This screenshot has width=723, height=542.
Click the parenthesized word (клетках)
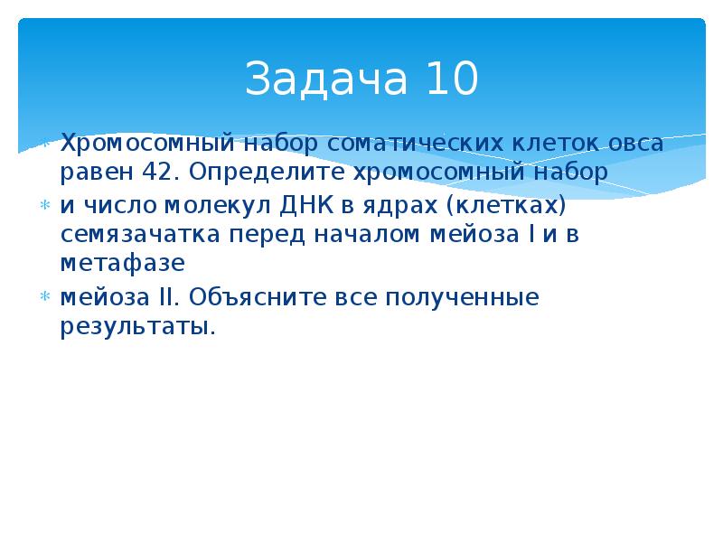coord(506,205)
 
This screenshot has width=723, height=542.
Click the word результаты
coord(137,326)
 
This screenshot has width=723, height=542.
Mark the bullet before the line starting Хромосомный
coord(42,143)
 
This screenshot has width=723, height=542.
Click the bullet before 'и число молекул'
coord(42,205)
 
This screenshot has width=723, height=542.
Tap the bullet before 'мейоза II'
coord(42,297)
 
